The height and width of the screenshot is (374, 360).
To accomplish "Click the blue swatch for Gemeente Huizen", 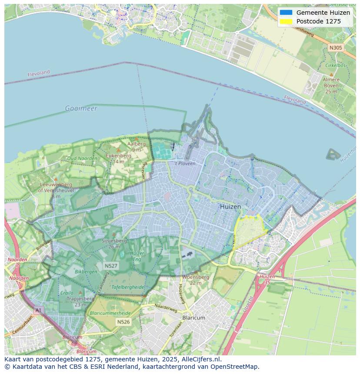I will [x=286, y=13].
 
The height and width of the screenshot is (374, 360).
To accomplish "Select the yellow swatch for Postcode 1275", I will [x=286, y=21].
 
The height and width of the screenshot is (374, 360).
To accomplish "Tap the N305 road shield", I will [x=335, y=48].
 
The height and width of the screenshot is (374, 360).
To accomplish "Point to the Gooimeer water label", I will [x=81, y=108].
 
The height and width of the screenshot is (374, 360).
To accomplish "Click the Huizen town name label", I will [x=230, y=207].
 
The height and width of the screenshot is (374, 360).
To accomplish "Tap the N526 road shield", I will [x=123, y=322].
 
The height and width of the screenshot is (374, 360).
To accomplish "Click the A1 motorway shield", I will [x=38, y=310].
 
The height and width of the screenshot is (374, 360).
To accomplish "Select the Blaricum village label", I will [x=193, y=318].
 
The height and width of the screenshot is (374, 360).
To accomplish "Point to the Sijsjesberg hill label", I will [x=114, y=241].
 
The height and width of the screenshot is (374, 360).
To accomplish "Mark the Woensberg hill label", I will [x=196, y=277].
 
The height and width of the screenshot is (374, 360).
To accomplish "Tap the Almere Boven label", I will [x=331, y=83].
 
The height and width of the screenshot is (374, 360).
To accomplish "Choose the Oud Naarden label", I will [x=82, y=158].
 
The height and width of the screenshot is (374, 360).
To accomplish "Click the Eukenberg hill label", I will [x=118, y=156].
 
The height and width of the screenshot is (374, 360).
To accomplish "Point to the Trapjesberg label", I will [x=80, y=299].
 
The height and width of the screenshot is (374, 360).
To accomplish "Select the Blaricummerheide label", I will [x=110, y=313].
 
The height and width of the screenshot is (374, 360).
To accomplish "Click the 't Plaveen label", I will [x=185, y=163].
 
